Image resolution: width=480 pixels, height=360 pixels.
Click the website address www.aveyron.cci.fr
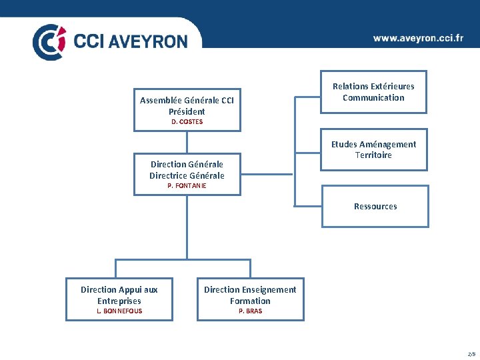(418, 39)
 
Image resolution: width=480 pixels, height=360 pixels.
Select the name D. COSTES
(187, 122)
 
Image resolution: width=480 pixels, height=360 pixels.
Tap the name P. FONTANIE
(187, 185)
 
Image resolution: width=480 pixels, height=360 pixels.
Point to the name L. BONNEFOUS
(119, 311)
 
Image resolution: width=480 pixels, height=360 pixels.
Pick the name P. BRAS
(250, 311)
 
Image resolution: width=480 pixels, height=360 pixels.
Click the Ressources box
(375, 207)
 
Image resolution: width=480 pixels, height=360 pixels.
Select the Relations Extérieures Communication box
(373, 93)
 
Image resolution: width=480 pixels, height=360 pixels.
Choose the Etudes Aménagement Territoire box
(373, 150)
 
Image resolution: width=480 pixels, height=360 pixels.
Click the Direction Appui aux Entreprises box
(119, 299)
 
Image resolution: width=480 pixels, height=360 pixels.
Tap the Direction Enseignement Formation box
(250, 299)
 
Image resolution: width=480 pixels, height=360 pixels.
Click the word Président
(187, 111)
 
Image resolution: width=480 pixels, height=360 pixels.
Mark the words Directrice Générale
(187, 175)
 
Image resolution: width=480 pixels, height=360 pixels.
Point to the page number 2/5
(471, 353)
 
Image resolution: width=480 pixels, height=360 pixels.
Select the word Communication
(373, 97)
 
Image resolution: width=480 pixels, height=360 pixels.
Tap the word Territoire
(373, 155)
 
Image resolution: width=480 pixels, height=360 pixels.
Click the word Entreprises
(119, 301)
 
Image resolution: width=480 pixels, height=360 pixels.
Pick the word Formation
(250, 301)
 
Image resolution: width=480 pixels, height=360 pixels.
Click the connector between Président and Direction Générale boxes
(187, 142)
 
